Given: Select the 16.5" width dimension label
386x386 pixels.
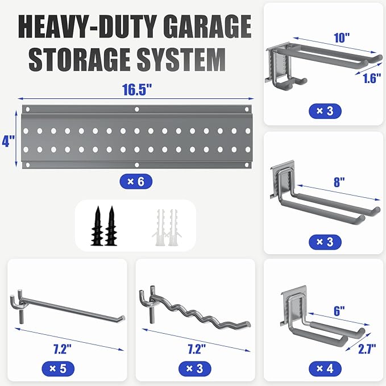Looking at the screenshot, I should pos(136,90).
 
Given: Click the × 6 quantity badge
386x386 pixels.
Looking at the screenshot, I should pos(136,182).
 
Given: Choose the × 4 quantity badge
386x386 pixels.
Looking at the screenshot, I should pos(325,368).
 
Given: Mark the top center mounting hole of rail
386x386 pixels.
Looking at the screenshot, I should pos(136,109).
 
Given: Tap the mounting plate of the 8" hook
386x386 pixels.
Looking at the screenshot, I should pos(282,181).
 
